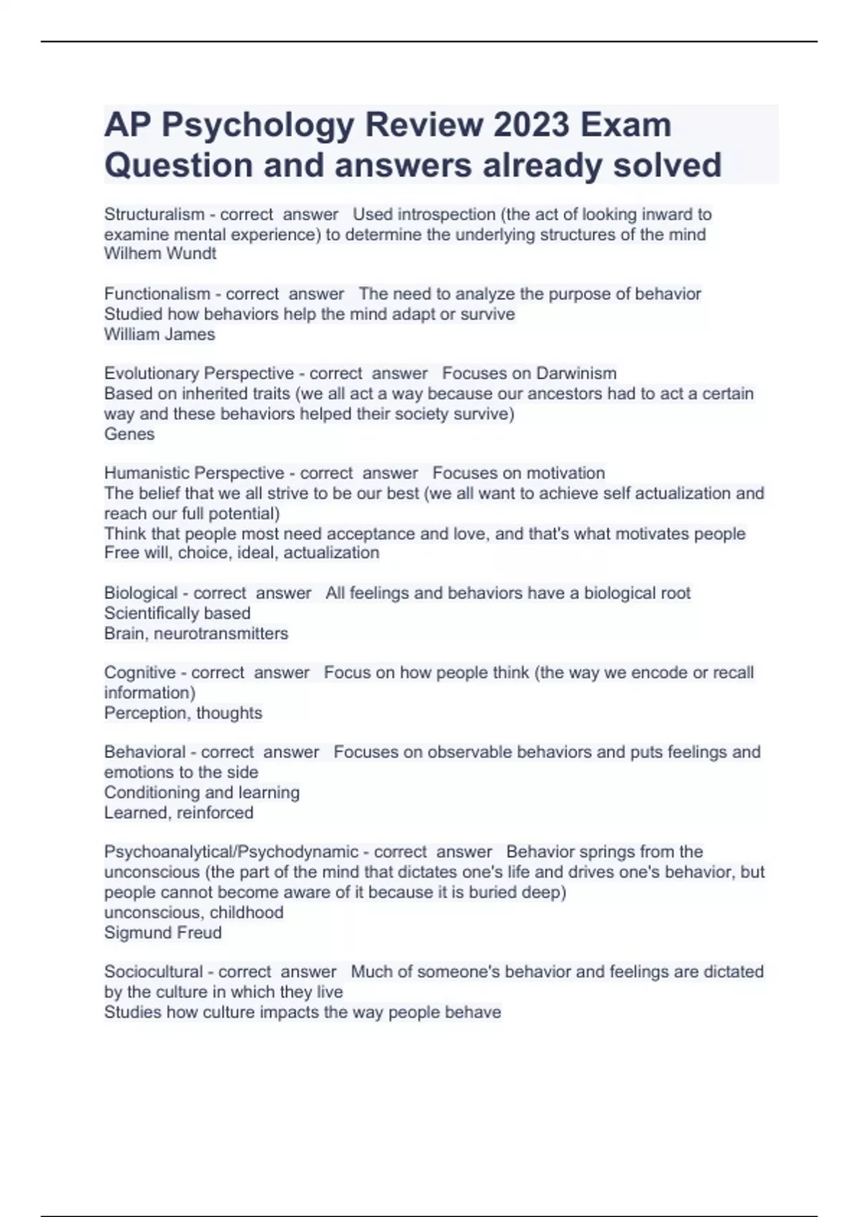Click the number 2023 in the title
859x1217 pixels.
tap(532, 125)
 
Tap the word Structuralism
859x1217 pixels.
tap(154, 214)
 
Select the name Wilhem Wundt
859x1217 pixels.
tap(160, 253)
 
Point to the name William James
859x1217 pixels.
tap(159, 334)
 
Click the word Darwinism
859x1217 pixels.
tap(576, 373)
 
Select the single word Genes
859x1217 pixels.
tap(129, 434)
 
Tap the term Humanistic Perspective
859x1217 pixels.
tap(194, 473)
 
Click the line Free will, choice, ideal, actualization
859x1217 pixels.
tap(241, 553)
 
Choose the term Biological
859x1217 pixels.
tap(140, 593)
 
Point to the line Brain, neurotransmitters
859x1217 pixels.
tap(195, 634)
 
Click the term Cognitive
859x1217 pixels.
tap(140, 673)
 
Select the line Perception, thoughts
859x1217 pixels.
tap(183, 713)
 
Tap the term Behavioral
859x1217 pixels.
tap(145, 752)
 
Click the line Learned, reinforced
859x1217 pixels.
tap(178, 813)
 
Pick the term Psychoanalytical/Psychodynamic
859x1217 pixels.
tap(231, 852)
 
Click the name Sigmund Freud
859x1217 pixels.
tap(162, 933)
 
